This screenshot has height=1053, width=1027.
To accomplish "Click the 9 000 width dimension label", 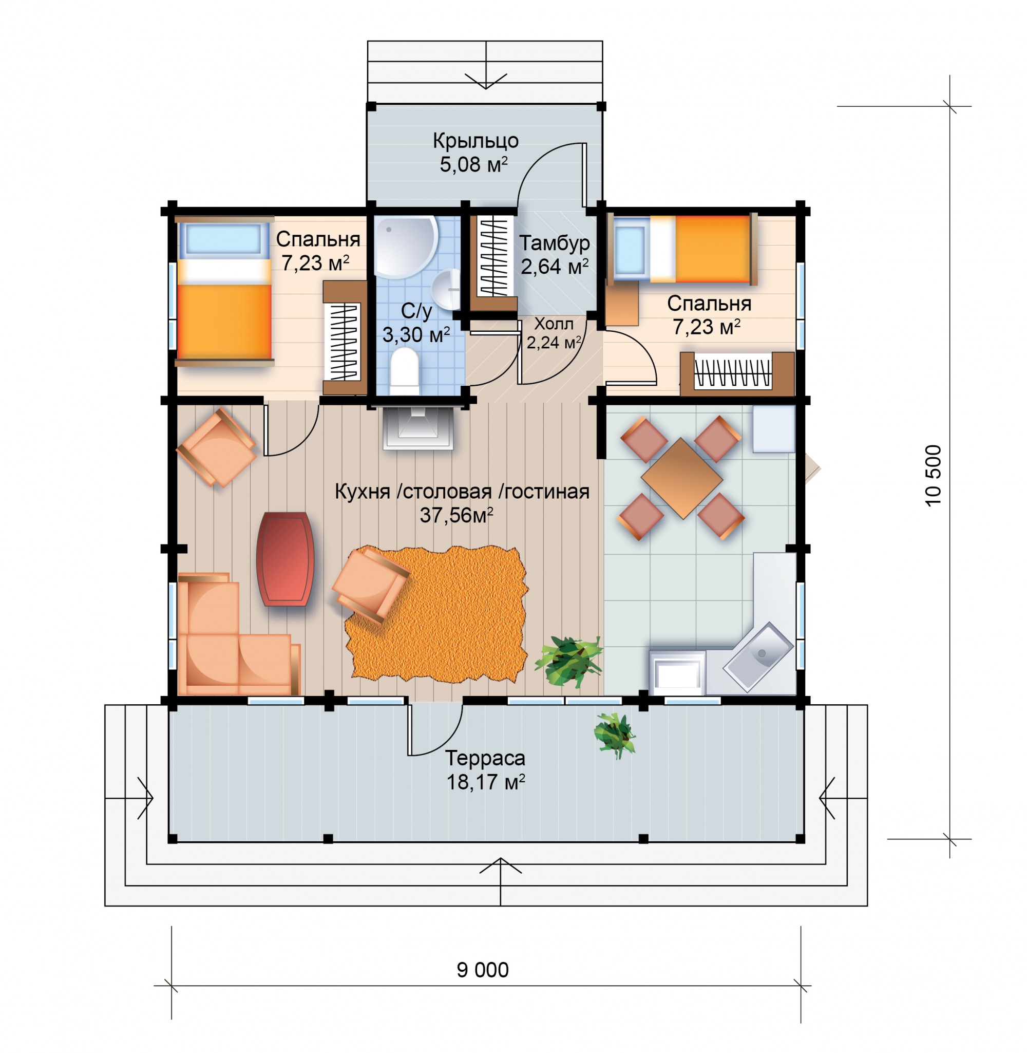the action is (482, 970).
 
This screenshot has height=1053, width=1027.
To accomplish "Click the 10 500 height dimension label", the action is (934, 475).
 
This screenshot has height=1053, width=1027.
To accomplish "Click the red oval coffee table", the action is (286, 559).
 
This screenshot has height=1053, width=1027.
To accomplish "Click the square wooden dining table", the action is (682, 479).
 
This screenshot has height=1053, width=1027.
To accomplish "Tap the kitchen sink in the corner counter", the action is (757, 657).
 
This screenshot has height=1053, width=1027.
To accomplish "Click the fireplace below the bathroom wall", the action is (417, 428).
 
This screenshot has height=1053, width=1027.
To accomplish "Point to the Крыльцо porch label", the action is (476, 141).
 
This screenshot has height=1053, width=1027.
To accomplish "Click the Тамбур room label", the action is (554, 243).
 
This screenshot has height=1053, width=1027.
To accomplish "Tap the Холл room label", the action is (554, 324).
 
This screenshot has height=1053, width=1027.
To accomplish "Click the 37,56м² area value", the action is (457, 515).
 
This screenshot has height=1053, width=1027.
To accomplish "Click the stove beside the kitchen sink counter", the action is (677, 672).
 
